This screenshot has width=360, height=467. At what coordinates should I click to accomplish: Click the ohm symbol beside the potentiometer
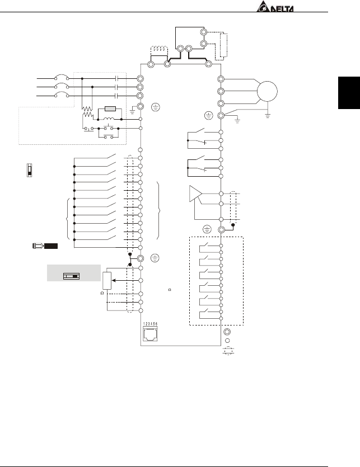coord(102,292)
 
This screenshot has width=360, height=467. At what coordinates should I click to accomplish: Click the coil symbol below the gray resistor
coord(111,119)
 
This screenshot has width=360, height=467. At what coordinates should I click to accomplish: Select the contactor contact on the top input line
coord(116,79)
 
